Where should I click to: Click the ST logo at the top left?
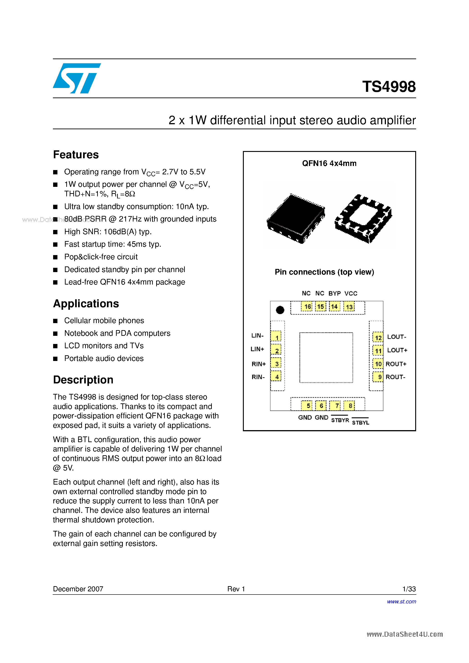(77, 78)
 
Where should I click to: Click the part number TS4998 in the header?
(389, 87)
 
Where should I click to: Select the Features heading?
(76, 155)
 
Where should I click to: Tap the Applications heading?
(86, 304)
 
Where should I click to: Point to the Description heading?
(83, 380)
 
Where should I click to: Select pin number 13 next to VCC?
(349, 307)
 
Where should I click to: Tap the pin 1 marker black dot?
(280, 310)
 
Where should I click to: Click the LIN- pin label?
(257, 336)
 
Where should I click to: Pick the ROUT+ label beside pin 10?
(396, 364)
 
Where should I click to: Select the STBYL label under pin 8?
(360, 422)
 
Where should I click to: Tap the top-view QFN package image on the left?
(296, 219)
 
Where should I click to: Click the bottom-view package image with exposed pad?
(363, 219)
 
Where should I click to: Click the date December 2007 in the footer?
(78, 589)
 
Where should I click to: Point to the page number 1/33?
(409, 589)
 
